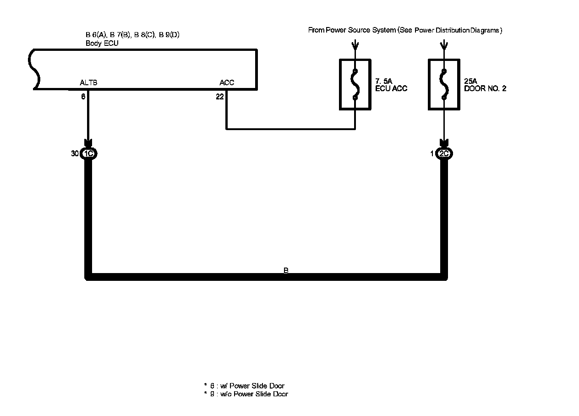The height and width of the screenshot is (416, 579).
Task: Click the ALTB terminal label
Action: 88,83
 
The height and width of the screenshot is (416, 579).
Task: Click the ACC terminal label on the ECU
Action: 227,83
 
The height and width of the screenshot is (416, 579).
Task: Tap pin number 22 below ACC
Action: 219,97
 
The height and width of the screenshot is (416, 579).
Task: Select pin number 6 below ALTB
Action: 83,97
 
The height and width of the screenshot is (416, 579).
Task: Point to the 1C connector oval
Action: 89,154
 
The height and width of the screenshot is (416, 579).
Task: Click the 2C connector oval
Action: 444,154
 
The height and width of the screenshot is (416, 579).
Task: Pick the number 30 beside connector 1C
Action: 75,154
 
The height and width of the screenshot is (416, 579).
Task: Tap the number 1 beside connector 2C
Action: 432,154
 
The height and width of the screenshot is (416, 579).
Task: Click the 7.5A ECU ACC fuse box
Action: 355,85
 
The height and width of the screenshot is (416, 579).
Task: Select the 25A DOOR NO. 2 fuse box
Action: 444,85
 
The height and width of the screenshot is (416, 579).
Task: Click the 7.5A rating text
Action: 383,82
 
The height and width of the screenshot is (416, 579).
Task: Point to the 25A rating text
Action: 470,82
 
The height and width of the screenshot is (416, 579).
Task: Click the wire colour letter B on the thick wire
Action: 286,271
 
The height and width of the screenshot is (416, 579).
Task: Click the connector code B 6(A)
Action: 96,35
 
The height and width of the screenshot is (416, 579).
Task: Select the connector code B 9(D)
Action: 169,35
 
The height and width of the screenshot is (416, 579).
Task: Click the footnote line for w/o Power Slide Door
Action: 246,394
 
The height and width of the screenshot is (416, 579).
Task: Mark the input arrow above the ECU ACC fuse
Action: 355,45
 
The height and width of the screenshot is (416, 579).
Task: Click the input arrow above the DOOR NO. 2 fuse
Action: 443,45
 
